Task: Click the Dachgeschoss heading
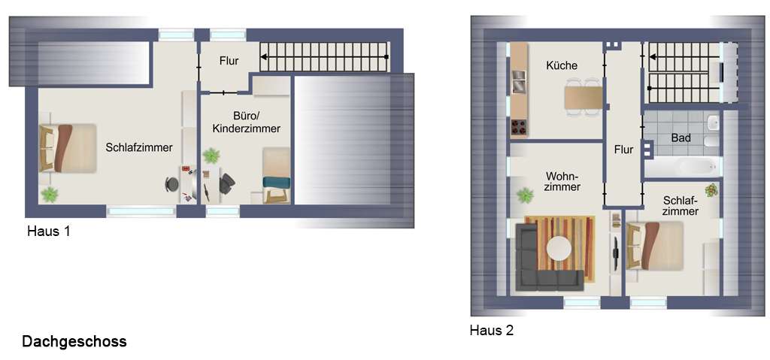tap(74, 341)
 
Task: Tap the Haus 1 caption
tap(49, 231)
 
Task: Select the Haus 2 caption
tap(492, 330)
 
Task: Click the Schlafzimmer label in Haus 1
tap(139, 147)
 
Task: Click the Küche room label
tap(562, 65)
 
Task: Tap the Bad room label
tap(681, 138)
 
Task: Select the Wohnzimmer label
tap(562, 181)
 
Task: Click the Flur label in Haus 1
tap(229, 62)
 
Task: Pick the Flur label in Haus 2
tap(623, 150)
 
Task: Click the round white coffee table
tap(559, 249)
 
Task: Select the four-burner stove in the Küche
tap(519, 127)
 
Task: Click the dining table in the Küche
tap(583, 97)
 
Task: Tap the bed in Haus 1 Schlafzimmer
tap(68, 148)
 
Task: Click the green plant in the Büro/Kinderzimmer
tap(211, 155)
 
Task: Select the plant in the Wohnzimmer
tap(525, 195)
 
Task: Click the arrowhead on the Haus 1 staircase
tap(264, 57)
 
